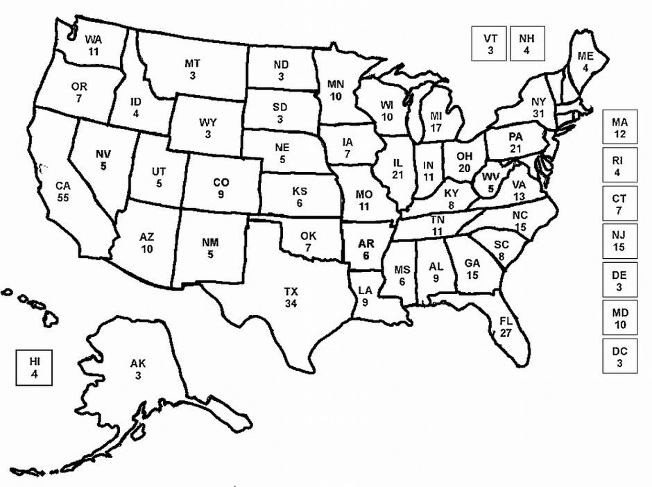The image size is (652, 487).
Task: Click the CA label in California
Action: (x=64, y=186)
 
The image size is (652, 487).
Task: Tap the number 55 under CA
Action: (x=64, y=198)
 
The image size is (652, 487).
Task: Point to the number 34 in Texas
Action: (x=291, y=304)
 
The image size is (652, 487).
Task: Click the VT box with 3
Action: (x=490, y=44)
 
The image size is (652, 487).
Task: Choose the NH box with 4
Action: (x=527, y=44)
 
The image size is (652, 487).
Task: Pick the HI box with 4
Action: (x=35, y=368)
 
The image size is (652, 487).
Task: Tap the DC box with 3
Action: (x=619, y=357)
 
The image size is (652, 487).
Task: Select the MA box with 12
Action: (x=619, y=128)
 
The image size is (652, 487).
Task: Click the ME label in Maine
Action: (x=585, y=57)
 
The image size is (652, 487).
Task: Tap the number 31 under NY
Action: (x=539, y=113)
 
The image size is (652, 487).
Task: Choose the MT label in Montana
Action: (x=192, y=64)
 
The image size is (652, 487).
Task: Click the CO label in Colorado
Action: (x=221, y=182)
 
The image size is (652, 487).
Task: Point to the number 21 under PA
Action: (x=515, y=148)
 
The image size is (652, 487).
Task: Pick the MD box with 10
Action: (x=619, y=318)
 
